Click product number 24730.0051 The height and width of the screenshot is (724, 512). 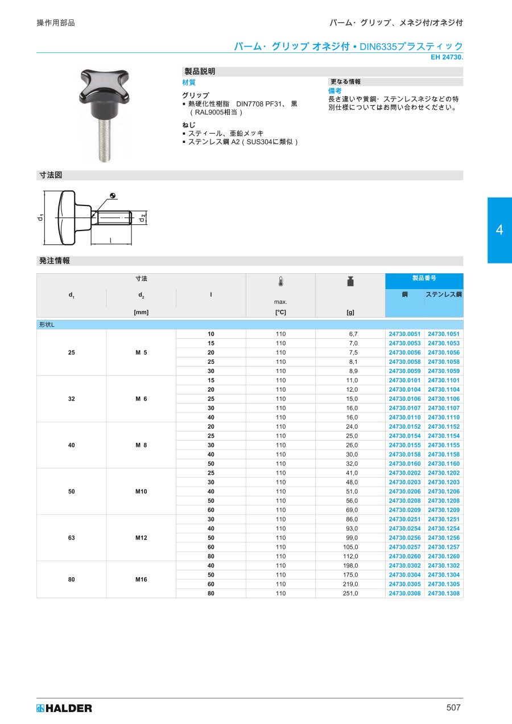tap(404, 334)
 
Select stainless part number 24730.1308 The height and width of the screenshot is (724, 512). tap(444, 594)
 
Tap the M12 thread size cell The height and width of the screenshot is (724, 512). tap(141, 538)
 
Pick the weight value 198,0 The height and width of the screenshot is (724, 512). tap(350, 566)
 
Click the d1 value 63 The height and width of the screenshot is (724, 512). tap(71, 538)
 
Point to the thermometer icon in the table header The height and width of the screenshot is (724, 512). tap(280, 282)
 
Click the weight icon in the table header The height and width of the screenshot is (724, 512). tap(350, 282)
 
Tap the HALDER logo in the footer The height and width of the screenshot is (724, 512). tap(64, 709)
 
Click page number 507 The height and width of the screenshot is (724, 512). tap(453, 707)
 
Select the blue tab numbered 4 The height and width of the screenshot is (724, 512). tap(499, 230)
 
